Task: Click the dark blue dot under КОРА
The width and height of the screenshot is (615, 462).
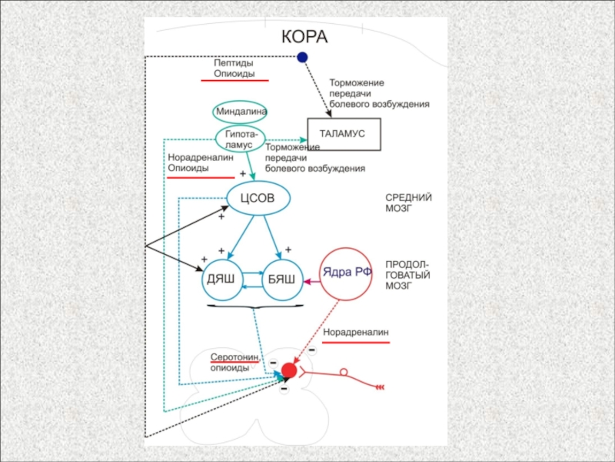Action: click(x=303, y=57)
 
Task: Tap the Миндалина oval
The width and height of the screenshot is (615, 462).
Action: click(x=241, y=112)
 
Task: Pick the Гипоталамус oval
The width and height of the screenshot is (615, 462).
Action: click(x=241, y=139)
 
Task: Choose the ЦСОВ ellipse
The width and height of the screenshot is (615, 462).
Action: click(x=258, y=199)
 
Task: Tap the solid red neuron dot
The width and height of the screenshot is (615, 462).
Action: click(x=289, y=370)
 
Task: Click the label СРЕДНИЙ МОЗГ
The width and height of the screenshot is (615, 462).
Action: click(x=408, y=203)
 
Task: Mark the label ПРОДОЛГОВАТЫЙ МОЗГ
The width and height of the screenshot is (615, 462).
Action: click(x=407, y=274)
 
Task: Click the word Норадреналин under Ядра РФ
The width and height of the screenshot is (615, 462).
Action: click(x=355, y=333)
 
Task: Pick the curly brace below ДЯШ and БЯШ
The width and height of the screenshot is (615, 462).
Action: click(x=251, y=307)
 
